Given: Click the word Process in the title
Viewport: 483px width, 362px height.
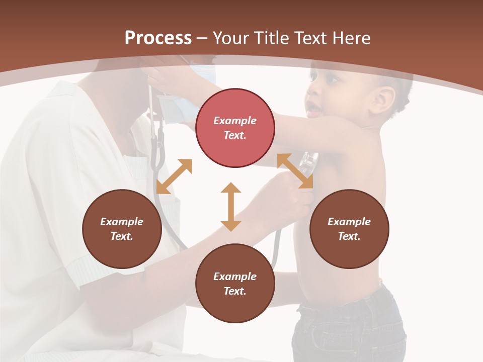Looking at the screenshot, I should (x=158, y=38).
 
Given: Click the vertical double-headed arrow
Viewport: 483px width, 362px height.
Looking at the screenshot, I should (x=231, y=207).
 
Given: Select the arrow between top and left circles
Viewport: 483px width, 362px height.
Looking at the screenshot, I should (x=174, y=176).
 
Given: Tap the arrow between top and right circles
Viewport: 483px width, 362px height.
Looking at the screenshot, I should (x=295, y=171).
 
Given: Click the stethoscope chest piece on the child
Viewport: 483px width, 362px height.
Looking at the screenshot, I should (x=308, y=164).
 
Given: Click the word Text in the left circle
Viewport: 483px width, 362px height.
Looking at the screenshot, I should (x=122, y=236).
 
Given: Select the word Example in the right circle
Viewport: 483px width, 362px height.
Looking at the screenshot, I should (x=349, y=222).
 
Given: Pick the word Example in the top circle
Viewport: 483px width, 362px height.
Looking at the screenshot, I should (x=235, y=121).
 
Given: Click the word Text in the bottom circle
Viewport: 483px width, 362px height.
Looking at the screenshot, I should (x=235, y=291).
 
